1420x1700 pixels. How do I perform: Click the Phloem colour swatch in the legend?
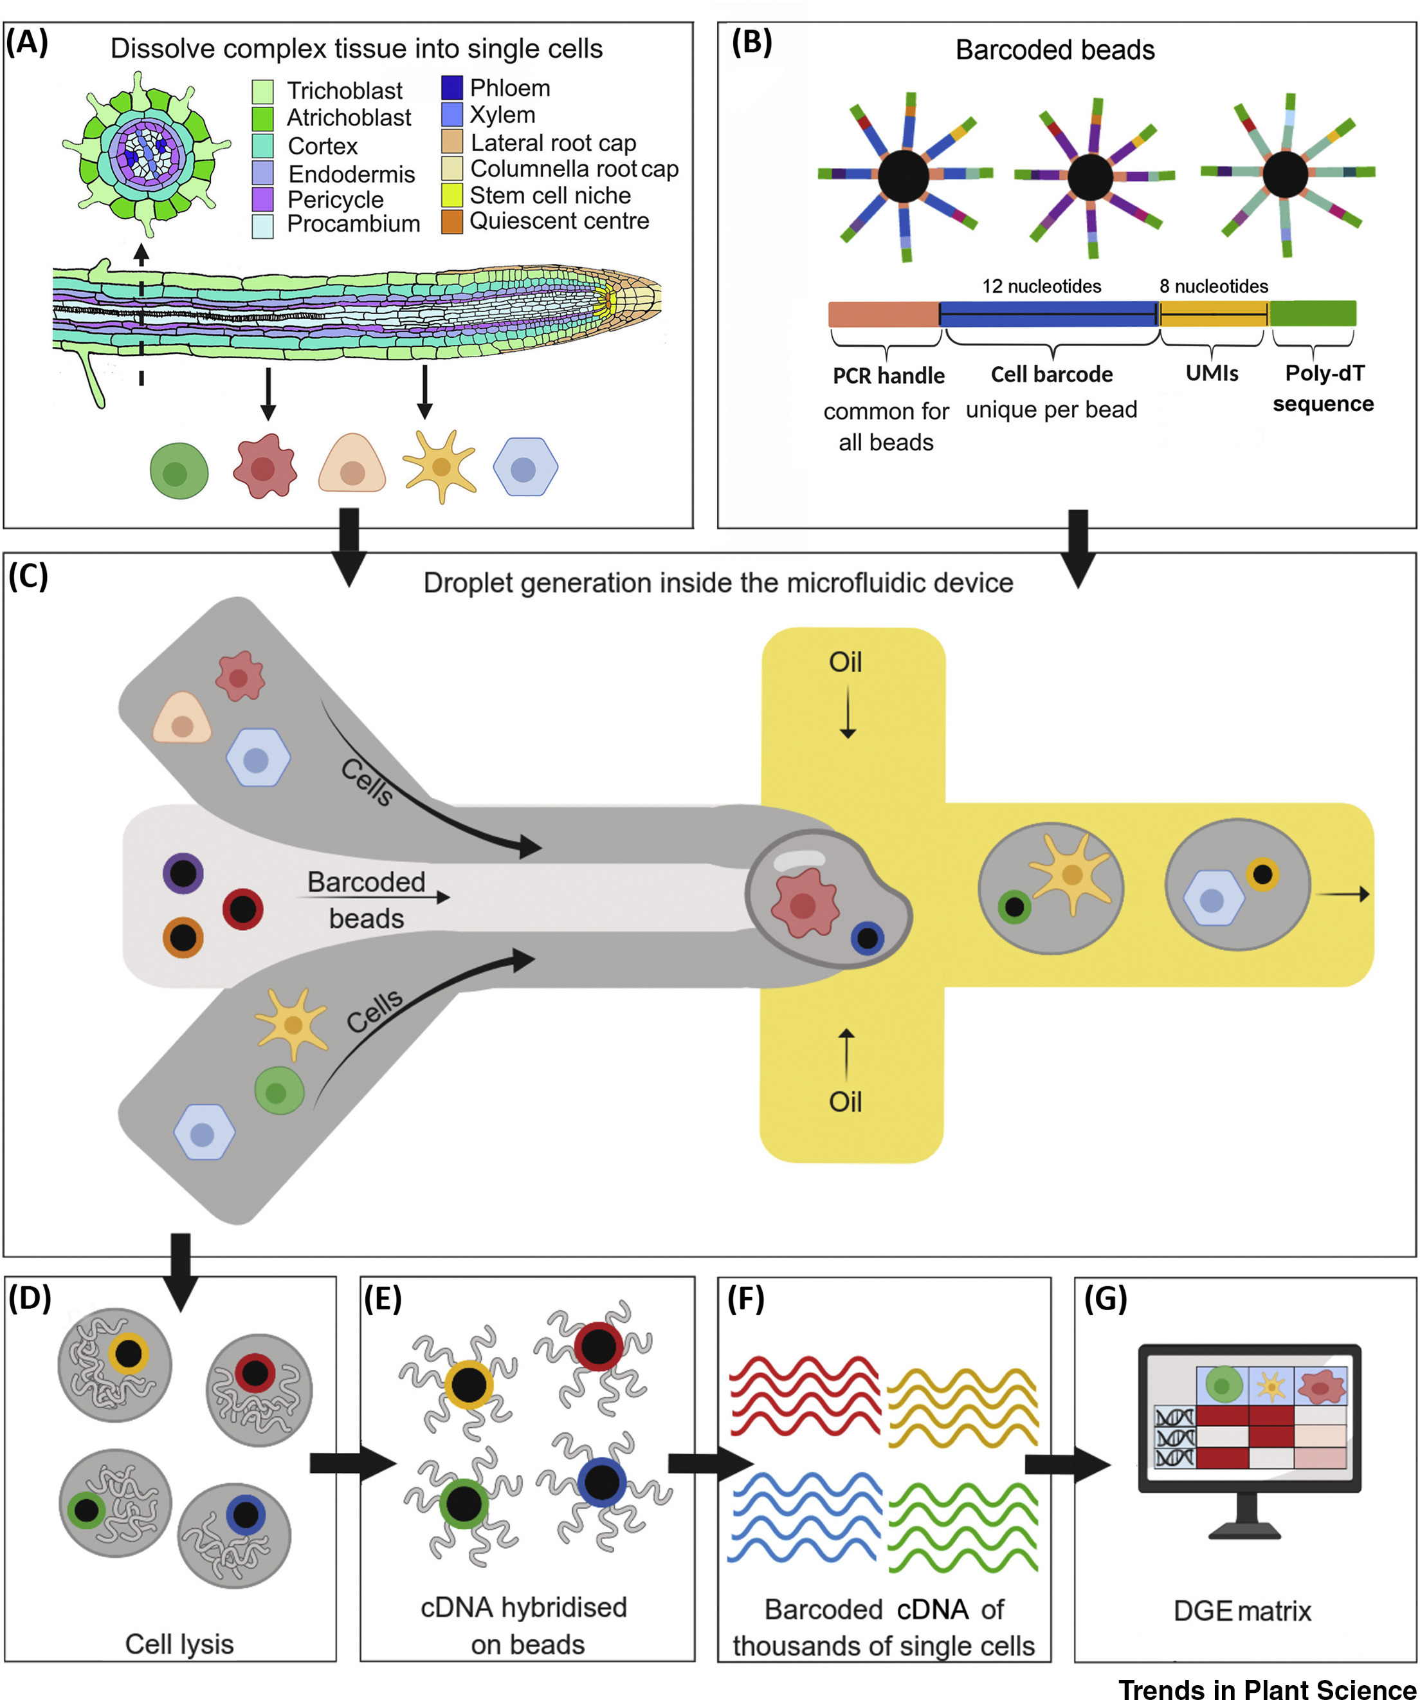pyautogui.click(x=451, y=88)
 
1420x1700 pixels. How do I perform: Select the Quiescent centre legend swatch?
pyautogui.click(x=451, y=221)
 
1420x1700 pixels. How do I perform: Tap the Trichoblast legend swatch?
pyautogui.click(x=262, y=91)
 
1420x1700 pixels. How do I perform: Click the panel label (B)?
pyautogui.click(x=751, y=41)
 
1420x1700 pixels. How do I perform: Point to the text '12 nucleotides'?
pyautogui.click(x=1041, y=286)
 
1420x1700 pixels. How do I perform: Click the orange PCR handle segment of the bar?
pyautogui.click(x=884, y=314)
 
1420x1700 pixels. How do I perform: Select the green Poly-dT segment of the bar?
pyautogui.click(x=1313, y=313)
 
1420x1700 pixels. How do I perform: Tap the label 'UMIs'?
pyautogui.click(x=1211, y=373)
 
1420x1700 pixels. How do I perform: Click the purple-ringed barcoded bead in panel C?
pyautogui.click(x=183, y=873)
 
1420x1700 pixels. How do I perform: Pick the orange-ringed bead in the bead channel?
pyautogui.click(x=183, y=938)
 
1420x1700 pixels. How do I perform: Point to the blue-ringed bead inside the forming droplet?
pyautogui.click(x=868, y=938)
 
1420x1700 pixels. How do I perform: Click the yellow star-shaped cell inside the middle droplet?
pyautogui.click(x=1071, y=874)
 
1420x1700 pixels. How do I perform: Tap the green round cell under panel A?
pyautogui.click(x=179, y=471)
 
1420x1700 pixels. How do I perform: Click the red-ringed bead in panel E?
pyautogui.click(x=599, y=1346)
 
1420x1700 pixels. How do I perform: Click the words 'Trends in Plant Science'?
pyautogui.click(x=1266, y=1688)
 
